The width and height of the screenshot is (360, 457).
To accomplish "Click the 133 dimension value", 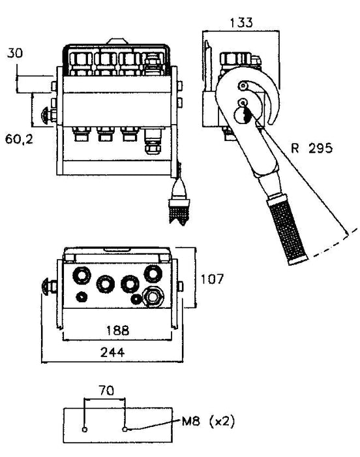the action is pyautogui.click(x=241, y=22).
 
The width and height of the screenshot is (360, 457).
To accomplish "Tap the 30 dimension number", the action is pyautogui.click(x=15, y=53).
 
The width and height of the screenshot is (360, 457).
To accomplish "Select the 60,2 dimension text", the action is pyautogui.click(x=19, y=139).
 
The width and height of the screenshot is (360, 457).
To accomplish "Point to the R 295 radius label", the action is pyautogui.click(x=311, y=148).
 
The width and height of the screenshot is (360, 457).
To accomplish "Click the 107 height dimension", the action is pyautogui.click(x=212, y=279).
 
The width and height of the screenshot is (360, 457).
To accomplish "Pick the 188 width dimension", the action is pyautogui.click(x=117, y=330).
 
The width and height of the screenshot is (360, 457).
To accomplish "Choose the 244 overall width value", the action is pyautogui.click(x=112, y=353).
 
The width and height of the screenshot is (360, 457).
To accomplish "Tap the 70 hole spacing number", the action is pyautogui.click(x=106, y=390).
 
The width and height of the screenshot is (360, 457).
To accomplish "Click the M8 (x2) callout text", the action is pyautogui.click(x=208, y=421).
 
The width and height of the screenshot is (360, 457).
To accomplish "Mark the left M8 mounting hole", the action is pyautogui.click(x=85, y=430).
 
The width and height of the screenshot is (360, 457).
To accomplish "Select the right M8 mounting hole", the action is pyautogui.click(x=125, y=429).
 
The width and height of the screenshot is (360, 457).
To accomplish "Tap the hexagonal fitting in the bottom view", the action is pyautogui.click(x=153, y=296).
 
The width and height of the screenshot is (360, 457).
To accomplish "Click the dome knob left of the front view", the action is pyautogui.click(x=46, y=116).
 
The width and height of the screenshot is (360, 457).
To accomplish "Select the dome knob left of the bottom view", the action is pyautogui.click(x=47, y=287).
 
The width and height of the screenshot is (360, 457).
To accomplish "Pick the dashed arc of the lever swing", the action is pyautogui.click(x=335, y=244).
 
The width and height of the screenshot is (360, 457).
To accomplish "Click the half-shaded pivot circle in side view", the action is pyautogui.click(x=243, y=114).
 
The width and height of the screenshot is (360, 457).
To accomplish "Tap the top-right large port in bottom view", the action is pyautogui.click(x=153, y=274).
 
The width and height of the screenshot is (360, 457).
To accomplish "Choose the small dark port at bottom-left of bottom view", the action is pyautogui.click(x=82, y=297).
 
